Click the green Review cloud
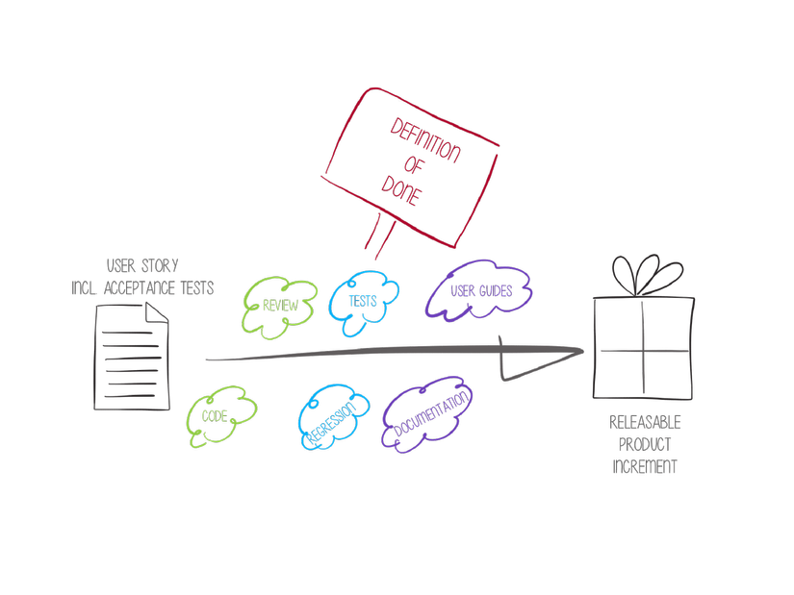[280, 307]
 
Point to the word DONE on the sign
[401, 192]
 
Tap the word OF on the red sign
[415, 165]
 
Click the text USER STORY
[142, 266]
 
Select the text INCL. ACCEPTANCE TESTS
[142, 287]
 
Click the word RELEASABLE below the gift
[645, 423]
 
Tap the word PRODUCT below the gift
[645, 445]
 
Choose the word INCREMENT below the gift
[645, 467]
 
